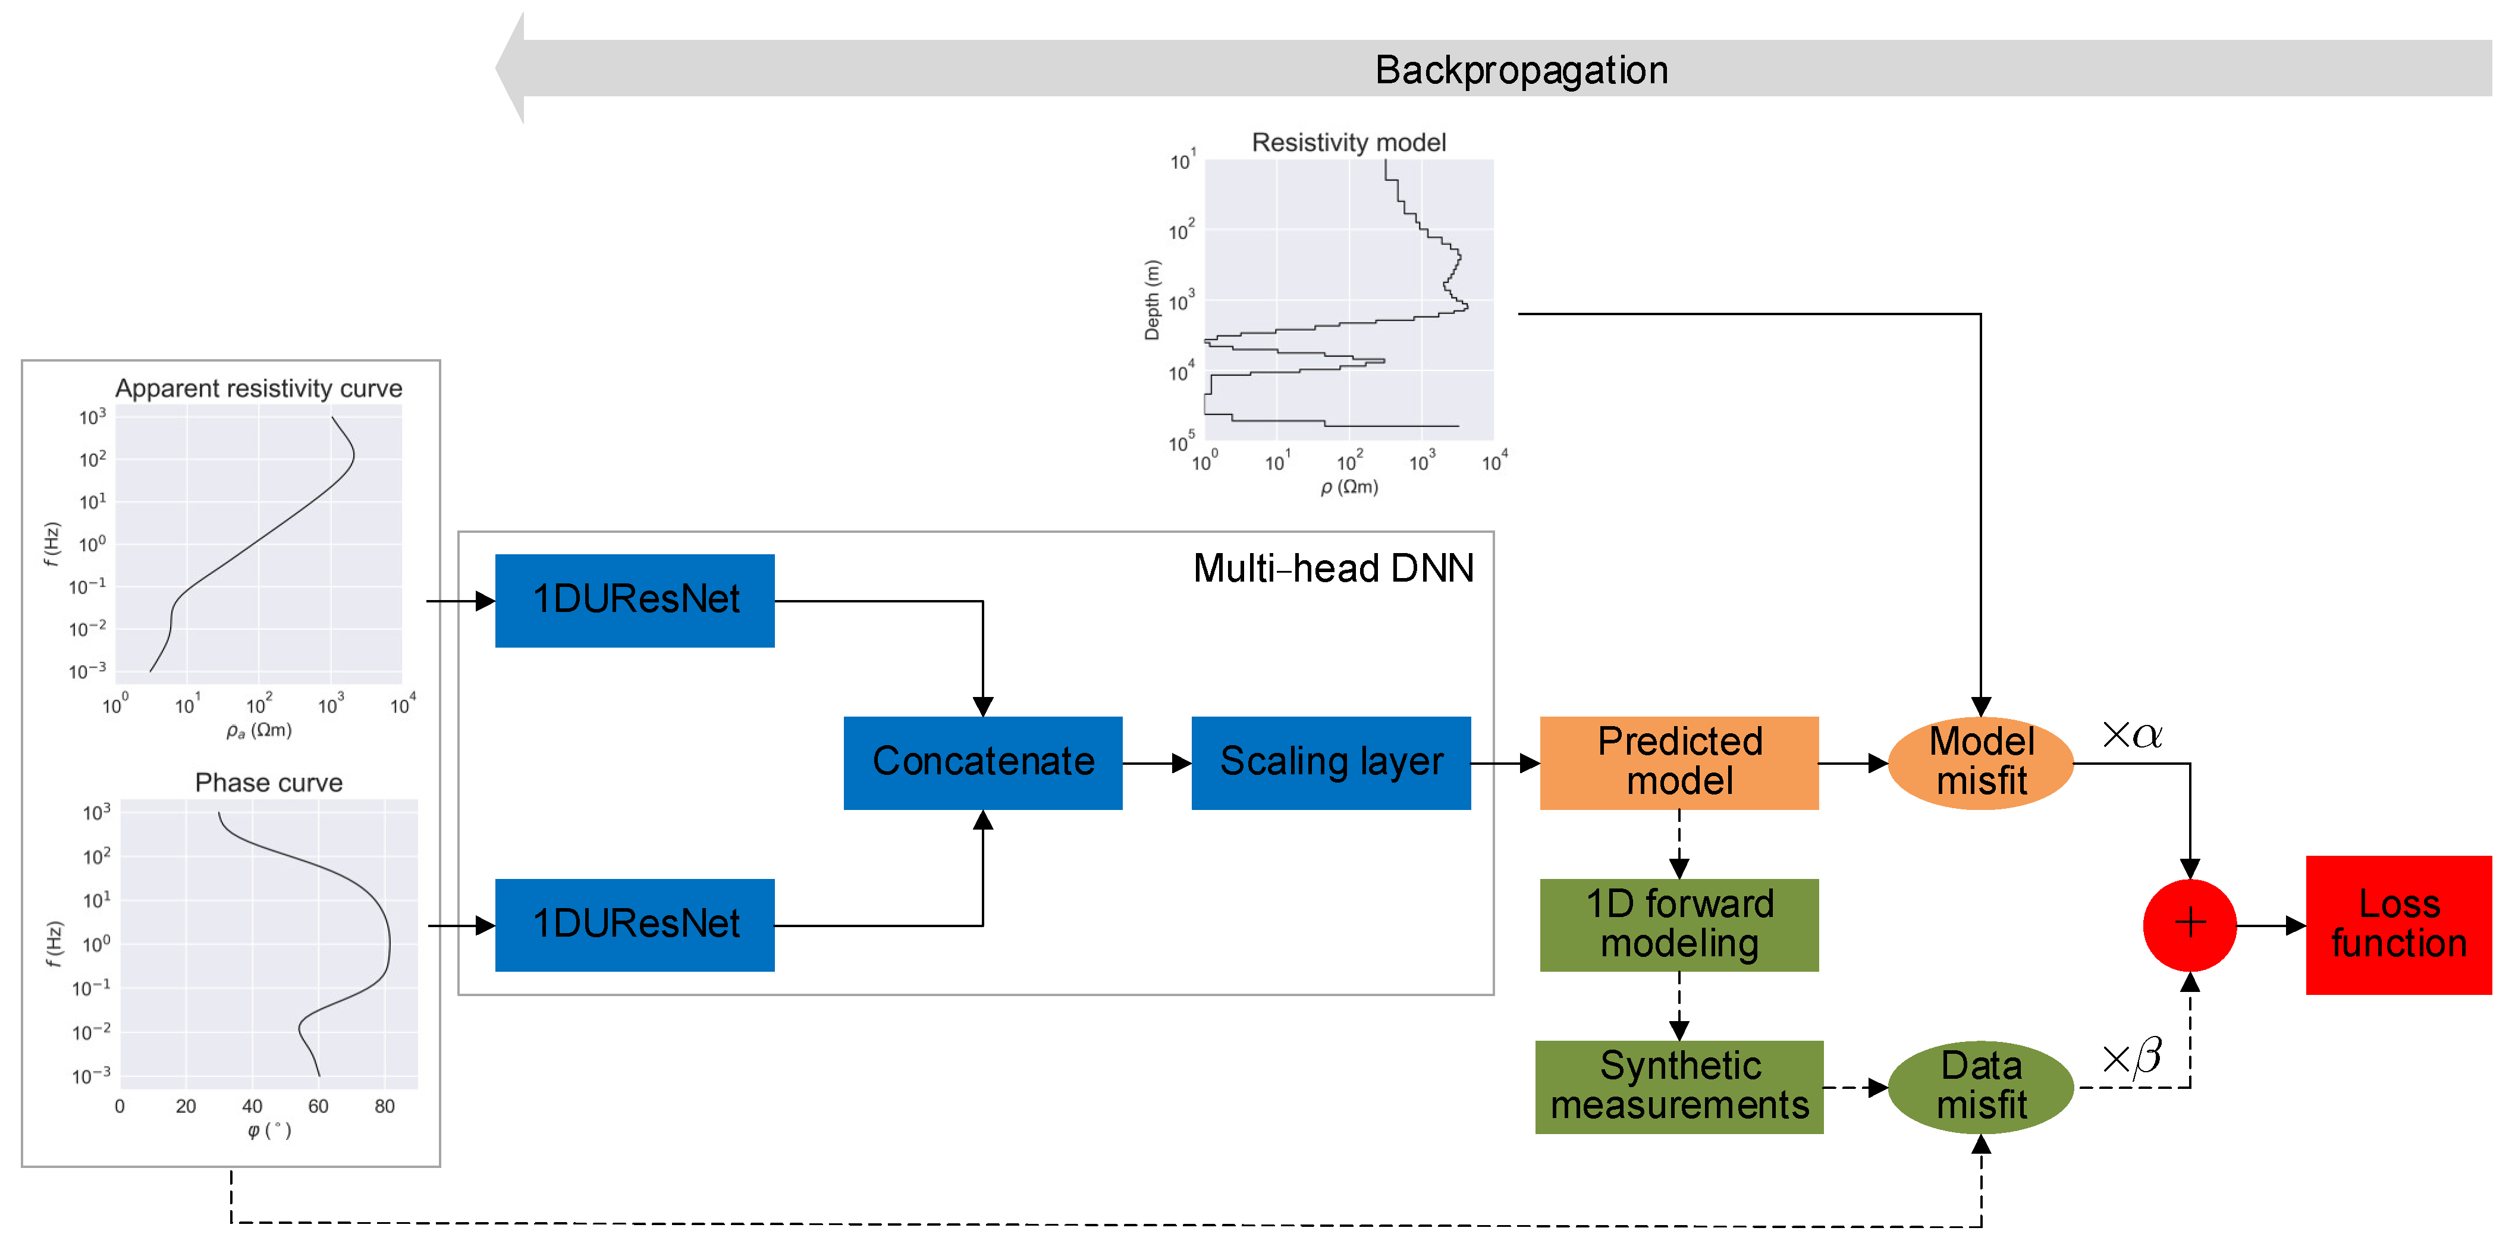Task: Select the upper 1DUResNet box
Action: [635, 599]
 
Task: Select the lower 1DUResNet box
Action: [635, 924]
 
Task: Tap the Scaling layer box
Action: [1330, 762]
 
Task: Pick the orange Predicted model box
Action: [1678, 762]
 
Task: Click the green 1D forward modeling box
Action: [1678, 924]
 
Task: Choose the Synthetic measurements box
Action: [1678, 1087]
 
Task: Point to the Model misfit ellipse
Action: [1980, 762]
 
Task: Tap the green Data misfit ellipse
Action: [1980, 1087]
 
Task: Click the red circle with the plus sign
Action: [2189, 924]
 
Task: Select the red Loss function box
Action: [2398, 924]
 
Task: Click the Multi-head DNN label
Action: [1333, 569]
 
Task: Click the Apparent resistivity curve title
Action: [259, 388]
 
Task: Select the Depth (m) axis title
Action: [1153, 300]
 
